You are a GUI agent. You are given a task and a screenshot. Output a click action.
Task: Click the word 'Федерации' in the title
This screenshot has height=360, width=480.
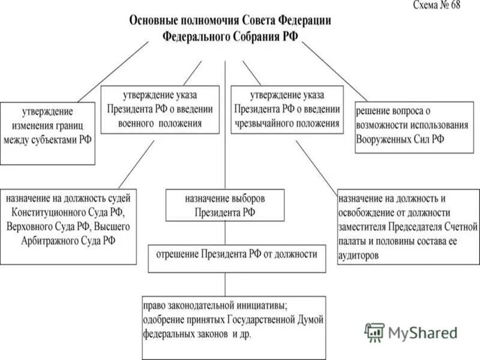pos(301,20)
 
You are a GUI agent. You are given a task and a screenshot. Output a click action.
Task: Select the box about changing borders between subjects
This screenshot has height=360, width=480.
pos(47,133)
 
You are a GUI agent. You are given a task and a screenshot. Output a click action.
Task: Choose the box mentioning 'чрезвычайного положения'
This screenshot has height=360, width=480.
pos(287,109)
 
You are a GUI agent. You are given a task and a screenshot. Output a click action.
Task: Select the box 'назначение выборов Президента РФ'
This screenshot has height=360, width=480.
pos(225,205)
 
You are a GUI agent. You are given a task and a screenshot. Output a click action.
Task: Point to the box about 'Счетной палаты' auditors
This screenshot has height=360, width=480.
pos(408,226)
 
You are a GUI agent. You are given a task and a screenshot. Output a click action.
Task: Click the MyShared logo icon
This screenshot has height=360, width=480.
pos(374,332)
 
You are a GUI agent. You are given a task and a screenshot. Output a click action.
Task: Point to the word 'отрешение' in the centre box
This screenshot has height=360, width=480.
pos(178,254)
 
